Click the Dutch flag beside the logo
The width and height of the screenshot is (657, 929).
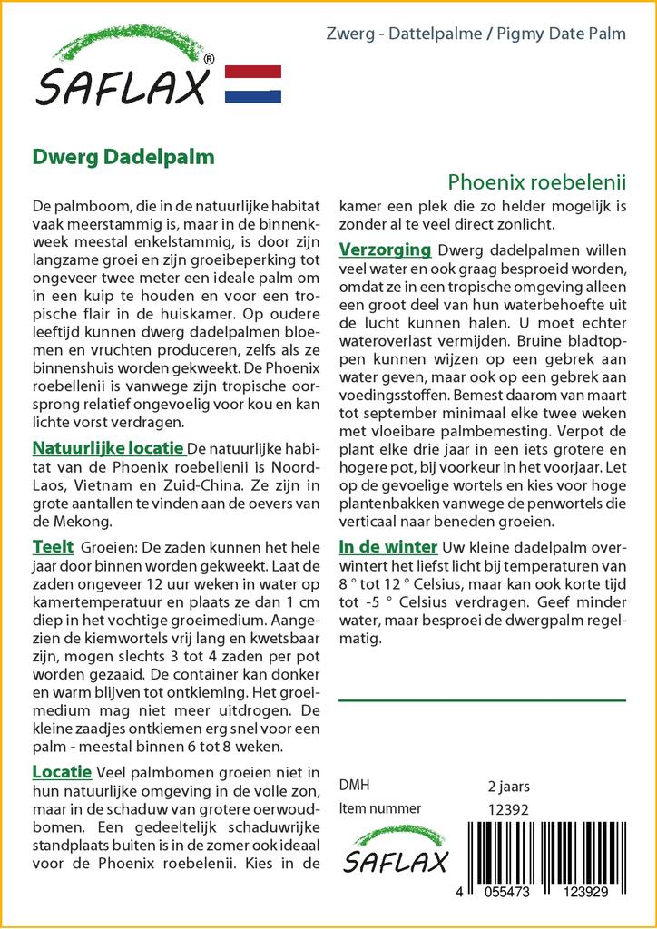(x=252, y=84)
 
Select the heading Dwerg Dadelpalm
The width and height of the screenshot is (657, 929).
(x=123, y=156)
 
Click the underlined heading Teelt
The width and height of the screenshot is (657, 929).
(x=53, y=546)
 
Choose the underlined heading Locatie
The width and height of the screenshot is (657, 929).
(x=62, y=772)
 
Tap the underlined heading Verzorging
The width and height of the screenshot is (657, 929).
(x=385, y=249)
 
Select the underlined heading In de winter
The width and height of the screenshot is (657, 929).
(x=388, y=546)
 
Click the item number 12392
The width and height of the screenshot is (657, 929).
(x=508, y=809)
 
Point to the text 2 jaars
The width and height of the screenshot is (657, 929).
(x=508, y=786)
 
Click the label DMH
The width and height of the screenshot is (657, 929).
(x=354, y=786)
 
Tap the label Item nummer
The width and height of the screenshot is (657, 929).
(x=379, y=808)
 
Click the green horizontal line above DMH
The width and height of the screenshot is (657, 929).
(x=482, y=699)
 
